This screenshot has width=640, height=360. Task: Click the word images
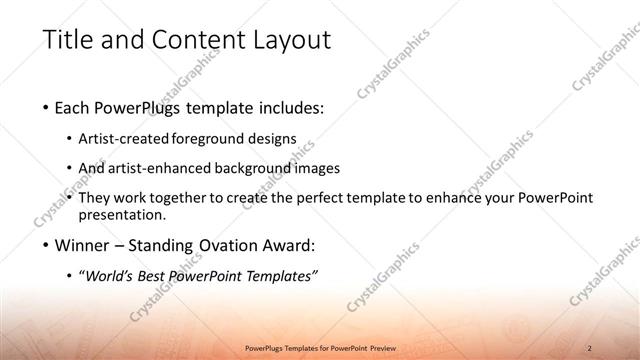[x=318, y=169]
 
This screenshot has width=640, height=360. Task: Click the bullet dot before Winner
[x=48, y=246]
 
